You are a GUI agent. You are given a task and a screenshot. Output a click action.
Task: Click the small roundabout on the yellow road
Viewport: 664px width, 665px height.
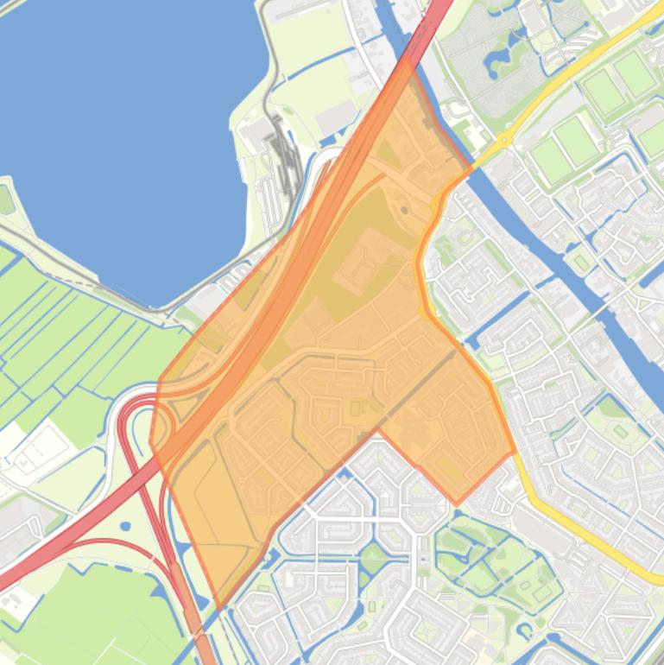point(503,139)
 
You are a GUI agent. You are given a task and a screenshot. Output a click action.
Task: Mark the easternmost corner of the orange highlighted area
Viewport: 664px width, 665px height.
point(515,451)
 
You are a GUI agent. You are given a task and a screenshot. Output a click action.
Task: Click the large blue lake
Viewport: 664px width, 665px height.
point(130,130)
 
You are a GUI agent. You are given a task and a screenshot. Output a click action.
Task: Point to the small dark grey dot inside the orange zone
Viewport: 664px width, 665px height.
point(403,210)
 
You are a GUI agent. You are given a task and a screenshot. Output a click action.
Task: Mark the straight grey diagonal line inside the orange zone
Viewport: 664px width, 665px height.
point(414,389)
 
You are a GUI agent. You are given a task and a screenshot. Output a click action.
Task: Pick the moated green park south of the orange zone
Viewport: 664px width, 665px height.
point(492,561)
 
